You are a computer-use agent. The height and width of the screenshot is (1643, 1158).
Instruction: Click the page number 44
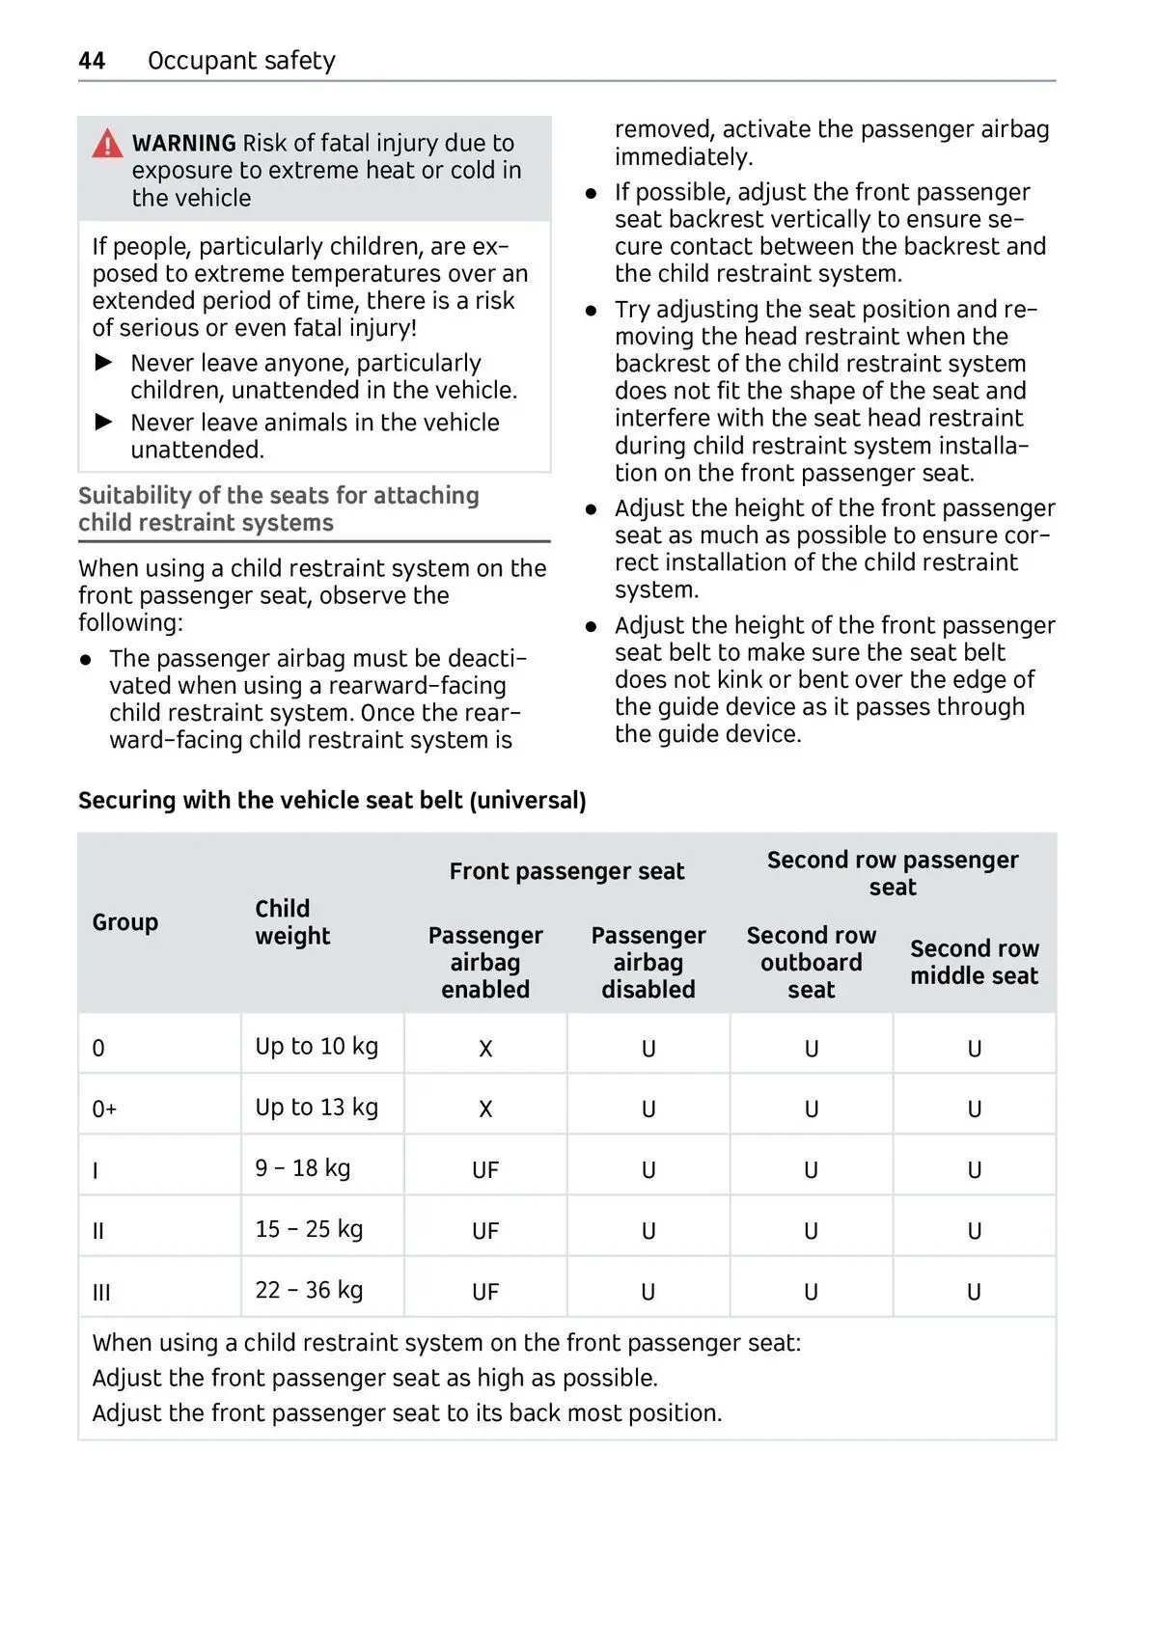pos(92,61)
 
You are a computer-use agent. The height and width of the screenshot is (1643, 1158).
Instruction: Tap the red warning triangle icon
pos(107,145)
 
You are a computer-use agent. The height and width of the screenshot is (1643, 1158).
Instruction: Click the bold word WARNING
pos(183,144)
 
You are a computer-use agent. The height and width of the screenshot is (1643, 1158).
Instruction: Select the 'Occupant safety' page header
pos(241,61)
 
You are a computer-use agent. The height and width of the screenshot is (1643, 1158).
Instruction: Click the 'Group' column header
pos(125,922)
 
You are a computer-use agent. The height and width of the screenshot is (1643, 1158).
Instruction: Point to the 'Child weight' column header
pos(292,922)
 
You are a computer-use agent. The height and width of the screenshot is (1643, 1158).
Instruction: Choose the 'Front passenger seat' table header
pos(566,871)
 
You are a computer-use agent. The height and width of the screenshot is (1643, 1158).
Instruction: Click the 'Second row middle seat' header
pos(974,962)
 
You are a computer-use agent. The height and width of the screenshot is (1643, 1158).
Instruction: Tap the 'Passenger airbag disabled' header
pos(648,962)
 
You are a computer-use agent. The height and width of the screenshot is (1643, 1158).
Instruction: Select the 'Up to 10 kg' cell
pos(317,1047)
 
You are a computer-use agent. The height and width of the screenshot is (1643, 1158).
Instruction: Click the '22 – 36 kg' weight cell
pos(309,1290)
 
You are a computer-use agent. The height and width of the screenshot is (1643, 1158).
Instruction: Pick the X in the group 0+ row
pos(485,1109)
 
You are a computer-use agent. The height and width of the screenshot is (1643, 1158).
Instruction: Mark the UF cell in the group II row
pos(485,1231)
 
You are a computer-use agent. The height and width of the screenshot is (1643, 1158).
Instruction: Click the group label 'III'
pos(101,1293)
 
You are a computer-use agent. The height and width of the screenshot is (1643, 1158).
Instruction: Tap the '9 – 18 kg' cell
pos(302,1168)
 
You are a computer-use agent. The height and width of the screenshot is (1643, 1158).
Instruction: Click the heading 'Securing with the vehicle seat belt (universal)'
pos(332,801)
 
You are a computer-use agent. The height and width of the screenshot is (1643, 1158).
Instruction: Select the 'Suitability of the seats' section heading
pos(279,508)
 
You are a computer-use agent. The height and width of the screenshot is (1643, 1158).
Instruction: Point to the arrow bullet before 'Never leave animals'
pos(104,423)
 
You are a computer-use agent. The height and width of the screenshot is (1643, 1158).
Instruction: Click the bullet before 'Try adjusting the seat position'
pos(592,311)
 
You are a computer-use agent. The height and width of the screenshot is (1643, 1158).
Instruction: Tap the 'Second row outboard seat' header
pos(811,962)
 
